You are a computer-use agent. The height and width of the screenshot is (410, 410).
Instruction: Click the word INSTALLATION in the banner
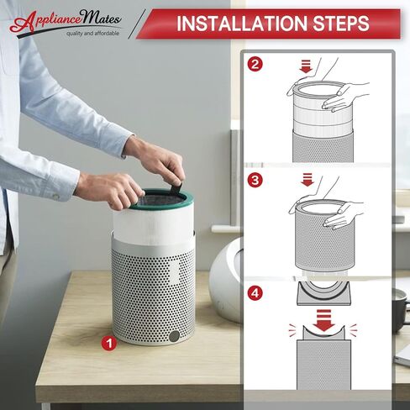coord(242,24)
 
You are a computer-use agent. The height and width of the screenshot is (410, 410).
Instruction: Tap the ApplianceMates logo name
coord(66,20)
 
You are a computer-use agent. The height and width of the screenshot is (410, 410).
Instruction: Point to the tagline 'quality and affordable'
coord(92,34)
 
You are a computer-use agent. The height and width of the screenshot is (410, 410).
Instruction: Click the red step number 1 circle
coord(109,344)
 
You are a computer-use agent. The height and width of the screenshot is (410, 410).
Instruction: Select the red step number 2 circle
coord(255,64)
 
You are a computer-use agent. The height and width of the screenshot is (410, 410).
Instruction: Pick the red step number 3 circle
coord(255,180)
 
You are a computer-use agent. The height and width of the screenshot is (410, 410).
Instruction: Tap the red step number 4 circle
coord(255,293)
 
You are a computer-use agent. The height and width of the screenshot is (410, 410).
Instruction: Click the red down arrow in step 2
coord(306,66)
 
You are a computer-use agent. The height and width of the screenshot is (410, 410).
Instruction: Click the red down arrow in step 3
coord(307,180)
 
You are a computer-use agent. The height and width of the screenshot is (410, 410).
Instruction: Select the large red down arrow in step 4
coord(323,321)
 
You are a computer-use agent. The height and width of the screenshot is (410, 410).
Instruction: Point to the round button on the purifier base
coord(175,335)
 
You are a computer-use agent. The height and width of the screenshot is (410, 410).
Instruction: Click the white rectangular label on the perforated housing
coord(174,272)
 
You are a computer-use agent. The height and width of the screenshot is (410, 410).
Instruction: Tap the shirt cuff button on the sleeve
coord(55,196)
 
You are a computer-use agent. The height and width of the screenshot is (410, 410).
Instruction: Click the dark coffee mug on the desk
coord(399,310)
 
